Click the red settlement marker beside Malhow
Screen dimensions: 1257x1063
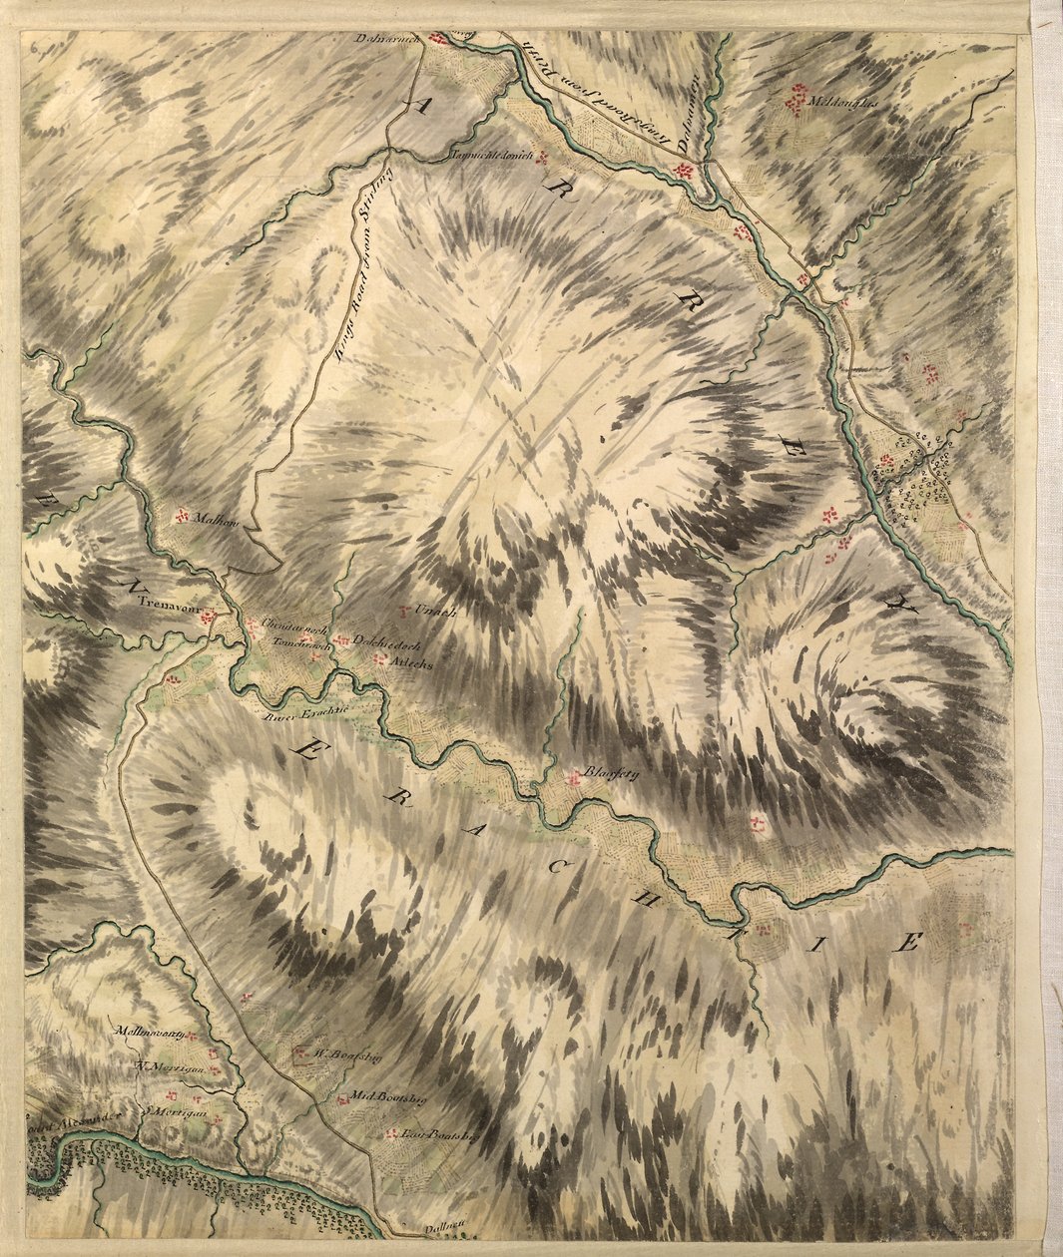[x=183, y=515]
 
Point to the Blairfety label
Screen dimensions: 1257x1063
[x=611, y=771]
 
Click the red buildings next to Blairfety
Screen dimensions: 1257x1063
[x=573, y=778]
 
